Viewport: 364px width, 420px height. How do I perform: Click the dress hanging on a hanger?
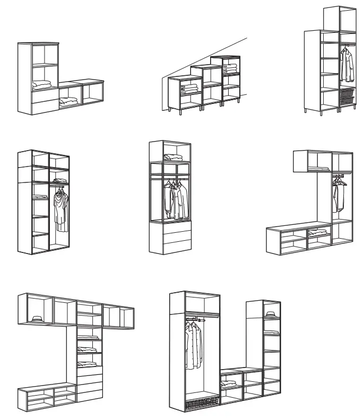[61, 208]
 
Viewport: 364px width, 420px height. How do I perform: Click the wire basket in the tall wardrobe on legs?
[345, 97]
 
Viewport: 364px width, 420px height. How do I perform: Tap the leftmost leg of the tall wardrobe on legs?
[307, 111]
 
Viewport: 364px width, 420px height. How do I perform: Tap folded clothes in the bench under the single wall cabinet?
[317, 232]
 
